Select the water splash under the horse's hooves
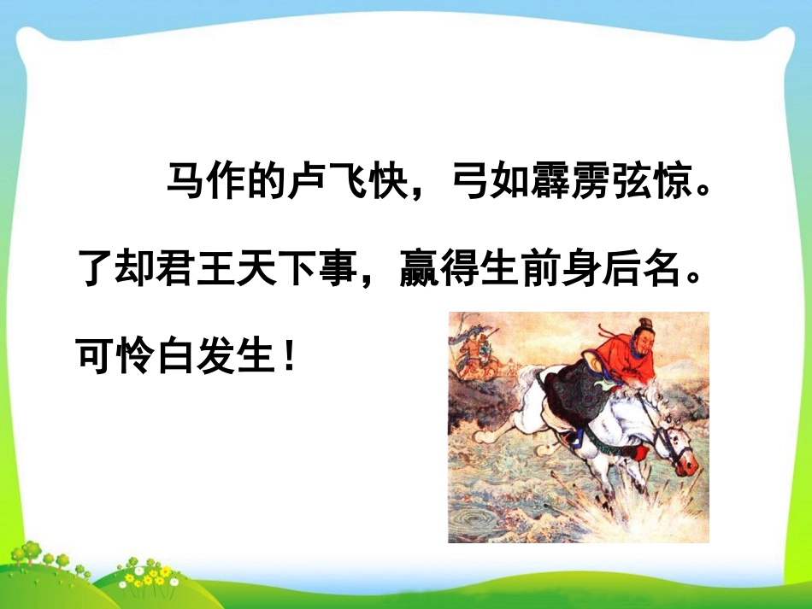(633, 512)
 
